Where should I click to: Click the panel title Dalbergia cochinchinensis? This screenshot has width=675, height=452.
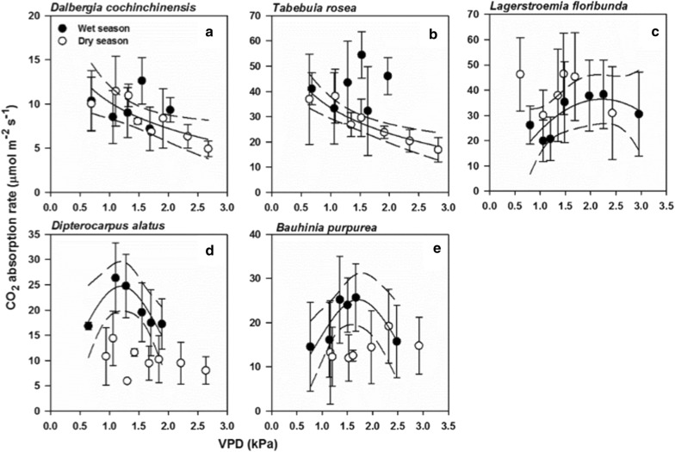coord(102,9)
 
